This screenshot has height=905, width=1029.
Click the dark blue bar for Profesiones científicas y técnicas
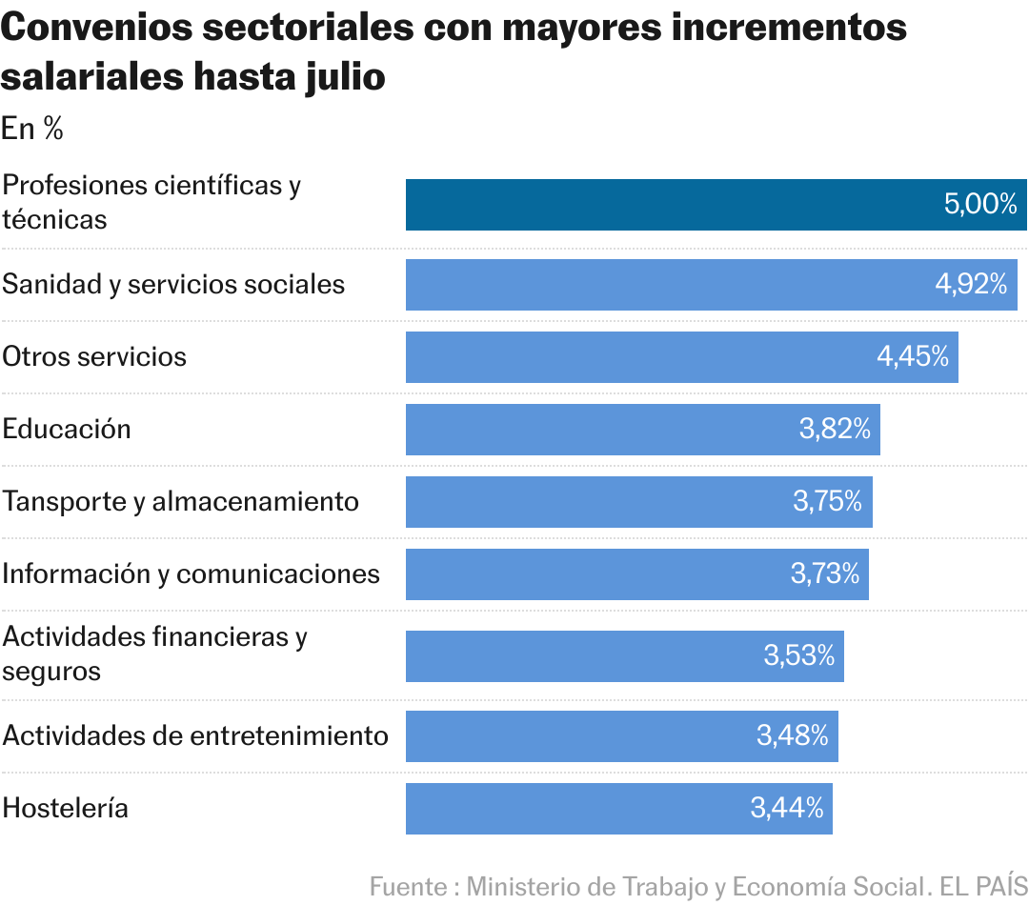click(x=667, y=205)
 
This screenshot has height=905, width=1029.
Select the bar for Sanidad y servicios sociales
click(x=667, y=285)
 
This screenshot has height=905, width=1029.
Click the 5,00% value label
click(x=980, y=204)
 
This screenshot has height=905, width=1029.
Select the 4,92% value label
click(x=971, y=284)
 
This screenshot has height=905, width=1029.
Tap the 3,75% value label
click(x=827, y=501)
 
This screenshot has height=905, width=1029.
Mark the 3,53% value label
click(x=798, y=655)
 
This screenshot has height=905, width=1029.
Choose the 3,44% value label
click(x=787, y=809)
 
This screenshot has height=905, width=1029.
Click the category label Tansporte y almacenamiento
click(x=181, y=501)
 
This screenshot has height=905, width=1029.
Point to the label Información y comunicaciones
click(x=191, y=573)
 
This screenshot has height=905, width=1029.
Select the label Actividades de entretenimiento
click(x=195, y=736)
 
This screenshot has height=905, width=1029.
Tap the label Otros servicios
click(x=94, y=356)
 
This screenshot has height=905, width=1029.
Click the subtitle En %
click(x=32, y=130)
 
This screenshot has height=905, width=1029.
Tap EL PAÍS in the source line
click(x=983, y=886)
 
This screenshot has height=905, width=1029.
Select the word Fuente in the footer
click(x=410, y=886)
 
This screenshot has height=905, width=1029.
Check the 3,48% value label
click(x=793, y=735)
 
